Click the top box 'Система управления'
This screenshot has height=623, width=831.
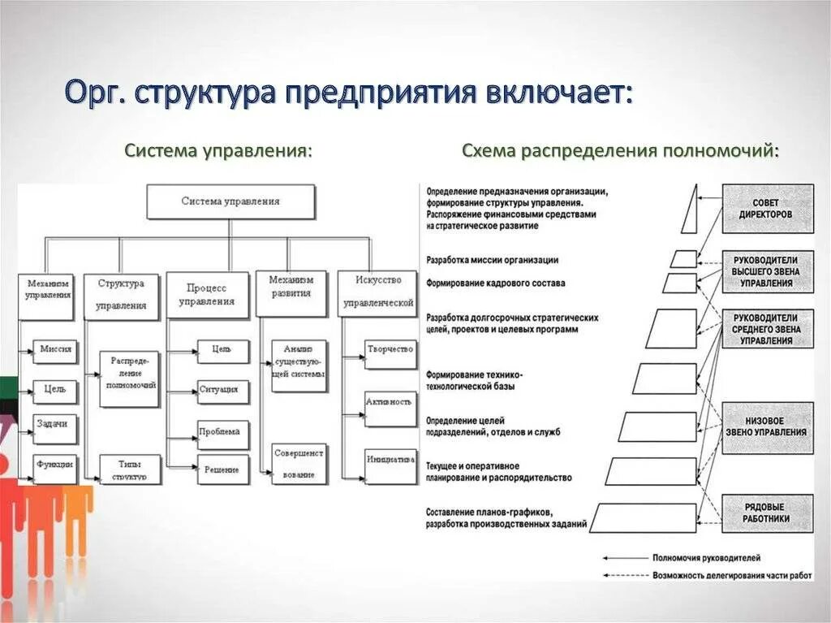(x=230, y=201)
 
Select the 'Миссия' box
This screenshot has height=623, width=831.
(x=55, y=349)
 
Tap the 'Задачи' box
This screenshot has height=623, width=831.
(x=55, y=423)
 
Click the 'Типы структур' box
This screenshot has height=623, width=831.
(x=130, y=469)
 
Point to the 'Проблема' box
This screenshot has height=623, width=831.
(x=222, y=432)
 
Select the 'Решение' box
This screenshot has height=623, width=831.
(x=222, y=469)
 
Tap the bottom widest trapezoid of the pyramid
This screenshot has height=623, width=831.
(x=645, y=517)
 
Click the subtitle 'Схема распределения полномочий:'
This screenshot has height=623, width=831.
(x=621, y=151)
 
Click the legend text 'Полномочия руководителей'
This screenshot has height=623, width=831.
(x=706, y=558)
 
